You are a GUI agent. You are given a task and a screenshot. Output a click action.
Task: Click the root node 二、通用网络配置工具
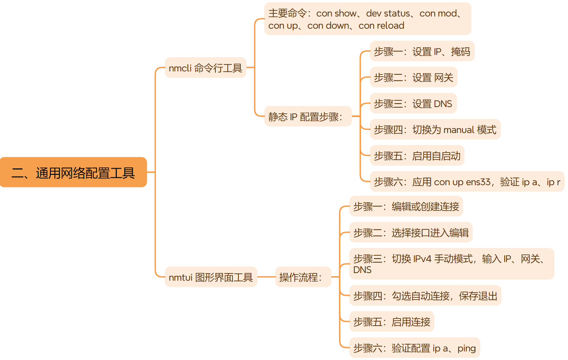coord(73,172)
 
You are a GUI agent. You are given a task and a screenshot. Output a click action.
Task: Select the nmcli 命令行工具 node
coord(205,68)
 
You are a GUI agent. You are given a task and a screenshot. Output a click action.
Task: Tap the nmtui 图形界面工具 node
coord(211,277)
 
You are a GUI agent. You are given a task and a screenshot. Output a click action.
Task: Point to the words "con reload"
coord(381,26)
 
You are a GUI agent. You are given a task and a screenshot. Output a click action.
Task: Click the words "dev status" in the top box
coord(388,13)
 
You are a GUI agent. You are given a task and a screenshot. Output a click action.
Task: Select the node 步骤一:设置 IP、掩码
coord(422,51)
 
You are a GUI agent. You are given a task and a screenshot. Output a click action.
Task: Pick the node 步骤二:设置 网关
coord(414,77)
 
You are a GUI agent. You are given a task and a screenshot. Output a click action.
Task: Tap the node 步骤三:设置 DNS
coord(413,103)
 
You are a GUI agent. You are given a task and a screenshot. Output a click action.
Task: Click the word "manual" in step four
coord(459,130)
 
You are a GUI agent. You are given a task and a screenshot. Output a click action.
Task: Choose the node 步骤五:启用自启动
coord(417,156)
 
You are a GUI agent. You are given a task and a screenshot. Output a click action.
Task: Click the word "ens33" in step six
coord(478,182)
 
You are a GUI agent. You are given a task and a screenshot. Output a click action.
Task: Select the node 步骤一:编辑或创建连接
coord(406,207)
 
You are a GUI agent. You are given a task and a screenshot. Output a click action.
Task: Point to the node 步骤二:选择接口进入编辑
coord(411,232)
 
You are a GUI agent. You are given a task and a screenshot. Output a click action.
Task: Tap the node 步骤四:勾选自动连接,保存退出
coord(425,296)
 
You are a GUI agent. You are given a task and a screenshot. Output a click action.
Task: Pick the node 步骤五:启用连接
coord(392,322)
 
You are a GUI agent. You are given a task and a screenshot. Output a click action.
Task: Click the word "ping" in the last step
coord(467,348)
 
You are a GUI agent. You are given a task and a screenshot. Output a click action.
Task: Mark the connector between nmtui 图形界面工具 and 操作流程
coord(266,277)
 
